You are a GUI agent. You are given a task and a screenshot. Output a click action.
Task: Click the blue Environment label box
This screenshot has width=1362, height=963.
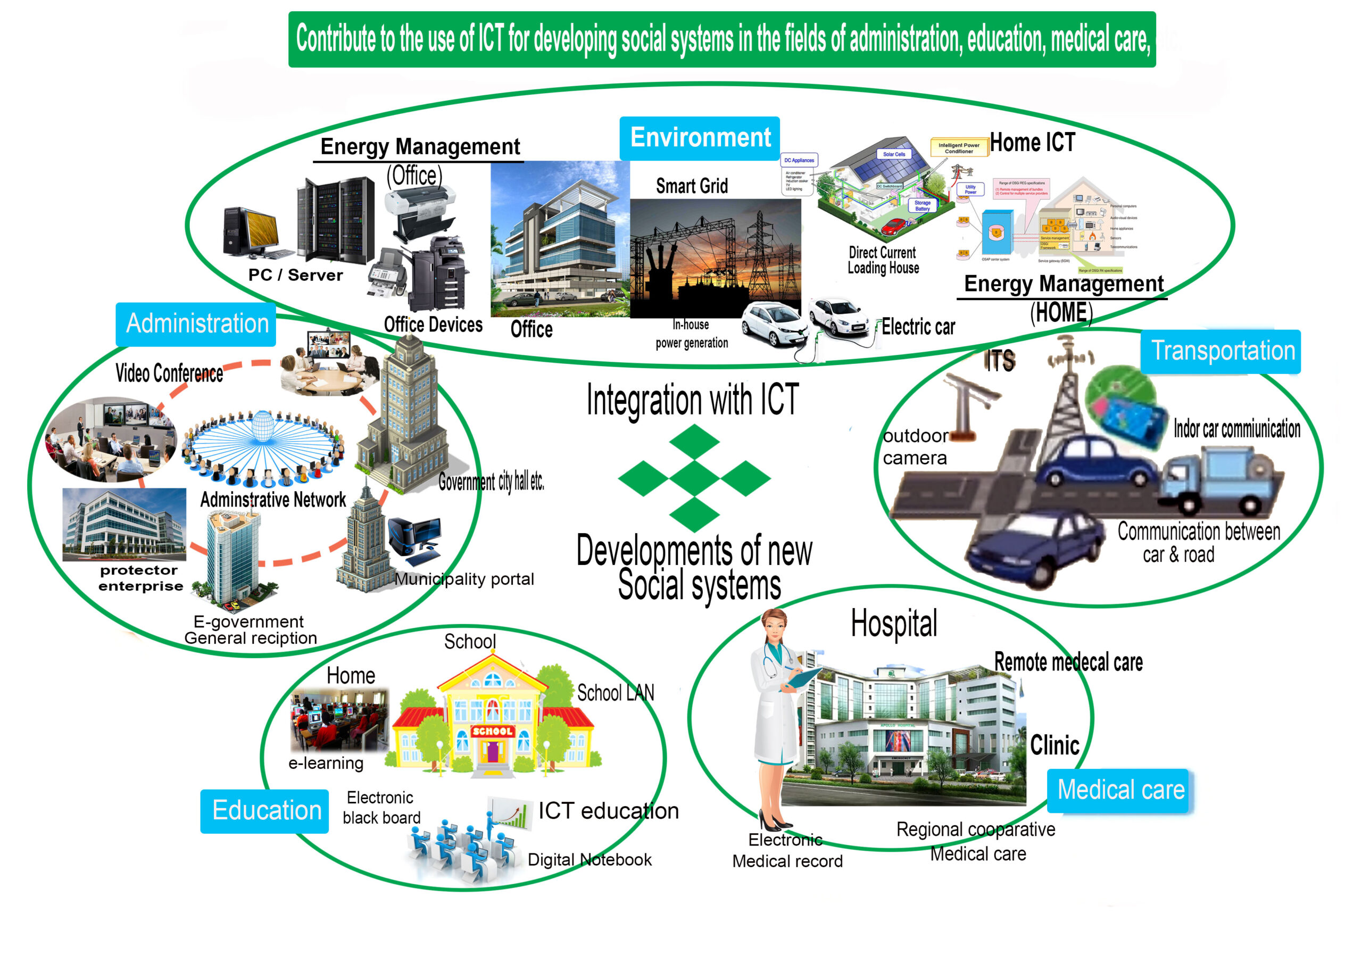700,138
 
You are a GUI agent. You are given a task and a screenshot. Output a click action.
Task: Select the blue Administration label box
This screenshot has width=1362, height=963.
196,324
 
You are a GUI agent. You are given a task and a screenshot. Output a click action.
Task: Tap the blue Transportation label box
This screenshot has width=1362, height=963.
1222,351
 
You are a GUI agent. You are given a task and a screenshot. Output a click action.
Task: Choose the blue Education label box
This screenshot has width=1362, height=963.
264,811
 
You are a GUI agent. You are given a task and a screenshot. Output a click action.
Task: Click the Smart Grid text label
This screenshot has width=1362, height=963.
692,186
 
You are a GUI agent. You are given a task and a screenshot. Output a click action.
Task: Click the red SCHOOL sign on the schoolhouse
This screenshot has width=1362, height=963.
492,731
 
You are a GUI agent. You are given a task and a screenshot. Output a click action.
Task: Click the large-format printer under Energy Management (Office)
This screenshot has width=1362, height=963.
420,212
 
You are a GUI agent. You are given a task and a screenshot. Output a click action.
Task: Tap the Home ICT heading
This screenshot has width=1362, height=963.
1032,143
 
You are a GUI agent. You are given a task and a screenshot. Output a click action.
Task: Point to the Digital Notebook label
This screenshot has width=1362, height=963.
589,860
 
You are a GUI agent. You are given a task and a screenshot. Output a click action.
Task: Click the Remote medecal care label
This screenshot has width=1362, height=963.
1068,662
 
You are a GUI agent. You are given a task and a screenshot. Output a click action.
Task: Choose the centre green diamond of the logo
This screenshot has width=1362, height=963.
694,478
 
